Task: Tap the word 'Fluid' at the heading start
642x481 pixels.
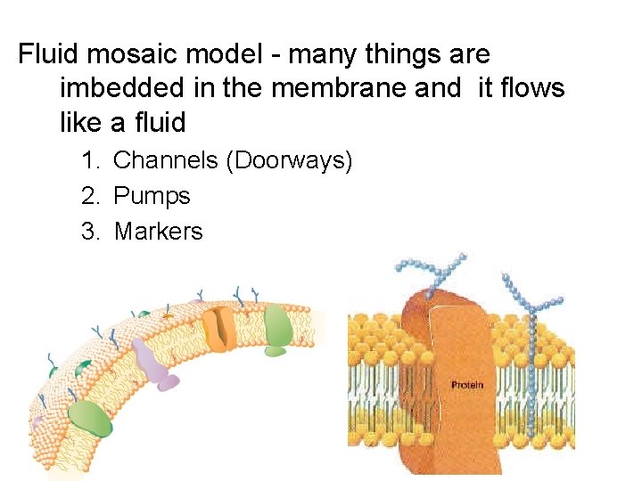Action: [48, 54]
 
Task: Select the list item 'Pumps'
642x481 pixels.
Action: [152, 196]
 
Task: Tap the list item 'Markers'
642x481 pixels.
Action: [158, 232]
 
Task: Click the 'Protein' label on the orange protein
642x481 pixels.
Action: [467, 385]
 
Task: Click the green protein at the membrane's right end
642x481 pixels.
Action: [277, 327]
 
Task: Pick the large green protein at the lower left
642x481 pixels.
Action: [90, 417]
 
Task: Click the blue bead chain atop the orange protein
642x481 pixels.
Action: [432, 271]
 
